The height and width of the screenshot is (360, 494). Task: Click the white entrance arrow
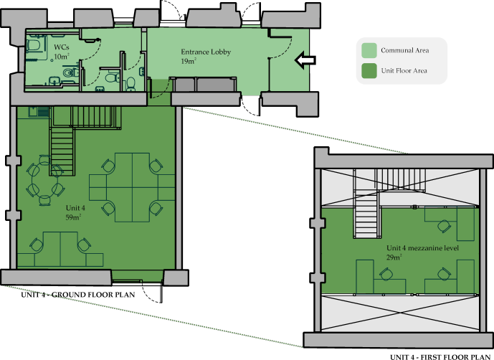click(305, 60)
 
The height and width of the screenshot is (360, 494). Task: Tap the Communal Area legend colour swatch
click(369, 50)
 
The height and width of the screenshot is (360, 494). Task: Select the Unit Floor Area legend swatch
click(369, 70)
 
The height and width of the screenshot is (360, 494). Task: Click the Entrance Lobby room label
click(206, 52)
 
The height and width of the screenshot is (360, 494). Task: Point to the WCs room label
click(62, 47)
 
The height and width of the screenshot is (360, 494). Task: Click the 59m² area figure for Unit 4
click(73, 217)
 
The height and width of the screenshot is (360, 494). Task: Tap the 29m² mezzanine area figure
click(394, 257)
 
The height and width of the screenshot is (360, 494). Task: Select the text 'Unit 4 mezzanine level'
click(422, 248)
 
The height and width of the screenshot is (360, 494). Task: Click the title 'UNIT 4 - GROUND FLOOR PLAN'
click(78, 295)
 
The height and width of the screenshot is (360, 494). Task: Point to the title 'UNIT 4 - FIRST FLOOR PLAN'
click(440, 357)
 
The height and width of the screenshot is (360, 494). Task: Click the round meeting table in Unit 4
click(44, 181)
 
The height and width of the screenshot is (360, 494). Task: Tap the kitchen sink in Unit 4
click(34, 112)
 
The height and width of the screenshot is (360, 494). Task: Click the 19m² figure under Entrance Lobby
click(189, 61)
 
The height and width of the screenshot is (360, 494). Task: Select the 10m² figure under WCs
click(62, 57)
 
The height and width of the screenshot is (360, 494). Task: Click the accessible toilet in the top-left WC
click(33, 45)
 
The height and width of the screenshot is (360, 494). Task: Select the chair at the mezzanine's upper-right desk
click(444, 227)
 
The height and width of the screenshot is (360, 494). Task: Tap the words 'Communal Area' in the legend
click(405, 50)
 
